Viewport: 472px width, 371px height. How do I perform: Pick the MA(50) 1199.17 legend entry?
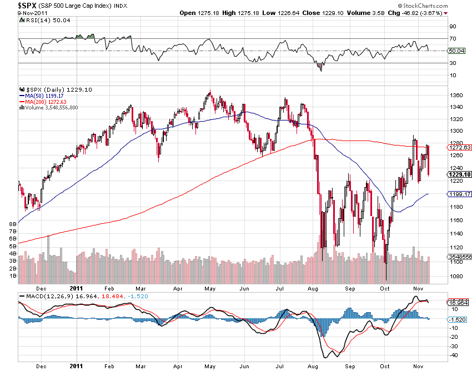click(x=43, y=96)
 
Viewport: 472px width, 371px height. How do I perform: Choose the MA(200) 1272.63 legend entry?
click(x=45, y=102)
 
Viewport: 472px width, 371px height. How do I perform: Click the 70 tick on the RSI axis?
click(x=453, y=39)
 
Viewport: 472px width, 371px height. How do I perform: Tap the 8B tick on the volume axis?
click(x=12, y=224)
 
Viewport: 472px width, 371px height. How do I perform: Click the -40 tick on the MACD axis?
click(x=454, y=355)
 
